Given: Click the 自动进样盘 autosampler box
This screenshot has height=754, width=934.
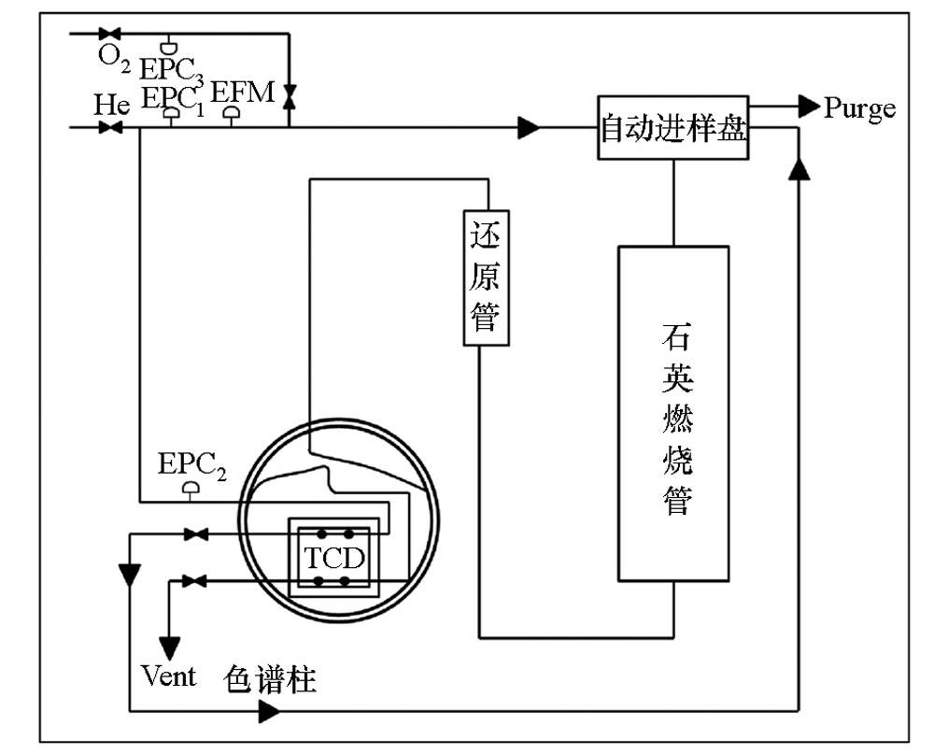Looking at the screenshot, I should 672,126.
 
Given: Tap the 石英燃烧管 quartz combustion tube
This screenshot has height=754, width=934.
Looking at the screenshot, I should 672,413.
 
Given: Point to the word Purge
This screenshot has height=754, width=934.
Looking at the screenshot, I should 859,108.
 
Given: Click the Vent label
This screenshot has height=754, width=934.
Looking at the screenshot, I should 169,675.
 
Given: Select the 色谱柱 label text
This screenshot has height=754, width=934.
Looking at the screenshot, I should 271,679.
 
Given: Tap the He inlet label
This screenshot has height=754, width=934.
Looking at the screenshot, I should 111,104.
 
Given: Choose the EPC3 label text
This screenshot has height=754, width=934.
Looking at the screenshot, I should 171,68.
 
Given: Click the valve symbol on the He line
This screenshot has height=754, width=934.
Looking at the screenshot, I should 110,126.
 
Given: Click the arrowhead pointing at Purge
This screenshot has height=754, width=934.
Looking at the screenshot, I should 808,107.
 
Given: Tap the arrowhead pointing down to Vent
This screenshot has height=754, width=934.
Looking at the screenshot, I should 170,646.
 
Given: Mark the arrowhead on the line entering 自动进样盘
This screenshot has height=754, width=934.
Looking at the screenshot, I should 530,126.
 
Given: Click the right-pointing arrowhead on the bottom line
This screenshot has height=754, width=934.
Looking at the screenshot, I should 269,712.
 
